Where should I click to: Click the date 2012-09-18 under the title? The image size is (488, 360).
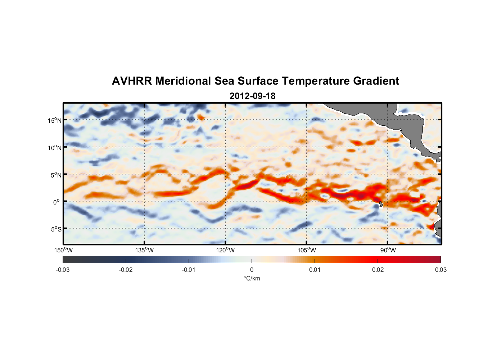[252, 96]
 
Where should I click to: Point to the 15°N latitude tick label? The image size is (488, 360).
[55, 120]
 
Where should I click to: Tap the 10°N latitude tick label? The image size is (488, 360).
[55, 148]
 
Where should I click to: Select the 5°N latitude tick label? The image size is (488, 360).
[56, 175]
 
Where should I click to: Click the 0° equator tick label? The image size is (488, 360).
[57, 202]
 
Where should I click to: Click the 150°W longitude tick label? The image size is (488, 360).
[63, 250]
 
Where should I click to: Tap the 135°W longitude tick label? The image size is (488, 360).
[144, 250]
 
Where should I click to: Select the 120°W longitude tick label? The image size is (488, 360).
[225, 250]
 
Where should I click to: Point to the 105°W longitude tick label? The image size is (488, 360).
[307, 250]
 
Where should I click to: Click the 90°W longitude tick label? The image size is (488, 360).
[388, 250]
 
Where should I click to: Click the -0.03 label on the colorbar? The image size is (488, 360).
[63, 270]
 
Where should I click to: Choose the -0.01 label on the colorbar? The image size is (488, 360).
[189, 270]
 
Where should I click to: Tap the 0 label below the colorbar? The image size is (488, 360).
[252, 270]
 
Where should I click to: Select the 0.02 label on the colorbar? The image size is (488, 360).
[378, 270]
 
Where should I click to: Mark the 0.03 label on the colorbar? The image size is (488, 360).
[440, 270]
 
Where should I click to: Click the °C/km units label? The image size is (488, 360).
[252, 278]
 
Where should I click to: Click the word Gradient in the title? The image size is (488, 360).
[376, 81]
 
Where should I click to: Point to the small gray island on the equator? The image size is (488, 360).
[380, 204]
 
